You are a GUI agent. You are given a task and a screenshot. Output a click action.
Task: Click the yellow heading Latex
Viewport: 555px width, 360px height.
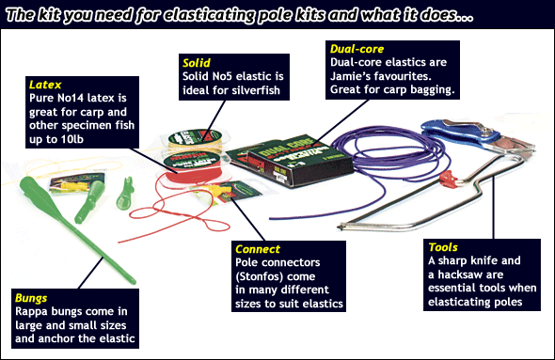coord(45,85)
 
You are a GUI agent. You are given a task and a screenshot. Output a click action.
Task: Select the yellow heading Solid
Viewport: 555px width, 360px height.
coord(197,63)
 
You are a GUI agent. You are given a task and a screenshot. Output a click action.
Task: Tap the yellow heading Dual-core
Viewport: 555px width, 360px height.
coord(357,49)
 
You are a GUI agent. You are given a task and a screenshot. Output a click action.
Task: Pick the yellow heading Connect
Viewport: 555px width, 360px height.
coord(258,249)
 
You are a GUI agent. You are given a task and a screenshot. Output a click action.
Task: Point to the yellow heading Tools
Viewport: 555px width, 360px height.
coord(443,247)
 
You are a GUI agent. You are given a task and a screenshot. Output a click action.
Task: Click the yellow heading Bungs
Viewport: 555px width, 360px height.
coord(31,298)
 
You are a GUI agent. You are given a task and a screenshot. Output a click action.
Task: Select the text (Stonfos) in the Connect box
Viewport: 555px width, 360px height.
coord(276,276)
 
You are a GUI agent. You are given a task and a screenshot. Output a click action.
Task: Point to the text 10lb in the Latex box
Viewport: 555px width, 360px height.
coord(71,139)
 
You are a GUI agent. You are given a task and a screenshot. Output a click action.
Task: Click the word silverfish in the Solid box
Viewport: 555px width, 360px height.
coord(256,90)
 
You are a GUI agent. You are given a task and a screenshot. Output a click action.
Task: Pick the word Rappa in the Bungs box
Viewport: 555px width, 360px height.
coord(31,311)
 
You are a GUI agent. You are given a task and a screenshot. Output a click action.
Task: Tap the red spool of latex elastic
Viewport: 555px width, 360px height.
coord(193,168)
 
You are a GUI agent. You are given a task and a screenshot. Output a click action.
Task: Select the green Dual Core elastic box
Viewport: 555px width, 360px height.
coord(291,161)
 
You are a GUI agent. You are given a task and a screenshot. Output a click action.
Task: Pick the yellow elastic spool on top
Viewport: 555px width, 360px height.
coord(196,139)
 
